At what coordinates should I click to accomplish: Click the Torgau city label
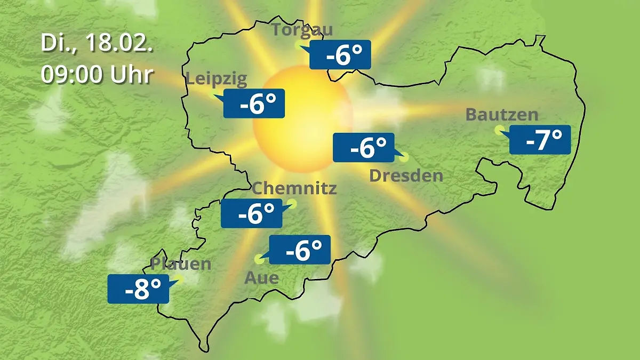(x=302, y=29)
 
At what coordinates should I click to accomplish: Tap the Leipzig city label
(x=217, y=79)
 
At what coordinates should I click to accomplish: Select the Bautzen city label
(x=502, y=115)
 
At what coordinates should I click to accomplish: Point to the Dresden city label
(x=406, y=175)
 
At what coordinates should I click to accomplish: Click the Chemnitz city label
(x=294, y=188)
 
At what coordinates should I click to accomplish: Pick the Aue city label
(x=261, y=278)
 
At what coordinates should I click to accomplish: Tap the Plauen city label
(x=181, y=264)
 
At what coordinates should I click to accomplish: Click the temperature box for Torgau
(x=340, y=54)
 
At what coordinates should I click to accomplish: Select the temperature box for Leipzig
(x=254, y=103)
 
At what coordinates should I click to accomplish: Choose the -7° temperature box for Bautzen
(x=540, y=140)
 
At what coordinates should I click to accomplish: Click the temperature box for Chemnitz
(x=252, y=214)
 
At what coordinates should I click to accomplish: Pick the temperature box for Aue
(x=300, y=250)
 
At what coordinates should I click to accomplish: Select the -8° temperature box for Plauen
(x=138, y=289)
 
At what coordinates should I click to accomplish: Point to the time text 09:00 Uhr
(x=98, y=75)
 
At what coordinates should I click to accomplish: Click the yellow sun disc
(x=302, y=118)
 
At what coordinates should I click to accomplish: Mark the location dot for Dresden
(x=404, y=157)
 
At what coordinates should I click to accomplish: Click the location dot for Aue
(x=260, y=260)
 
